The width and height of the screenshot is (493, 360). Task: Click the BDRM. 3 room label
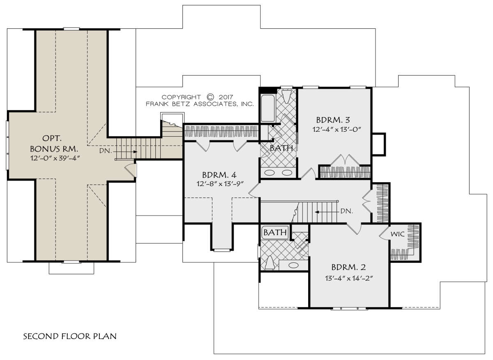pyautogui.click(x=333, y=120)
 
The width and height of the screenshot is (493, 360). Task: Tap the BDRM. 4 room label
pyautogui.click(x=219, y=175)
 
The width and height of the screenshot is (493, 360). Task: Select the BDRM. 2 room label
pyautogui.click(x=348, y=267)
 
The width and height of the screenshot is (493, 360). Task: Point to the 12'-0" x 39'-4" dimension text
pyautogui.click(x=55, y=158)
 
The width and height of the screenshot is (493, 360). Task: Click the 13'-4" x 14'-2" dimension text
pyautogui.click(x=349, y=278)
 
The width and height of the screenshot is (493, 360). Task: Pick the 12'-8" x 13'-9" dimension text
pyautogui.click(x=220, y=184)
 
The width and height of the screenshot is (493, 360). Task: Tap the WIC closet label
pyautogui.click(x=397, y=234)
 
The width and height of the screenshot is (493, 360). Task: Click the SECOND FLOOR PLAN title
pyautogui.click(x=70, y=336)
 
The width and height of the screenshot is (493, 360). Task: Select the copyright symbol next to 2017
pyautogui.click(x=210, y=97)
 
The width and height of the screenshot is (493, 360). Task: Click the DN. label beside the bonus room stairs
pyautogui.click(x=106, y=151)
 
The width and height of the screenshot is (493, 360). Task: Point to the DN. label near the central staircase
pyautogui.click(x=347, y=211)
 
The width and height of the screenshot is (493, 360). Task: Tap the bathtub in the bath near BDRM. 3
pyautogui.click(x=267, y=108)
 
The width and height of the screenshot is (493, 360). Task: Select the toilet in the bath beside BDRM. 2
pyautogui.click(x=270, y=263)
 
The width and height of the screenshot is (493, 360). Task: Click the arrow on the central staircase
pyautogui.click(x=327, y=212)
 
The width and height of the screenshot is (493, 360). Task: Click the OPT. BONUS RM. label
pyautogui.click(x=54, y=144)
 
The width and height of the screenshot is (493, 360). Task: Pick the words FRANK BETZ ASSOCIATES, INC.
pyautogui.click(x=200, y=104)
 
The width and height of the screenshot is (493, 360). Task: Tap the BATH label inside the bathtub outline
pyautogui.click(x=275, y=232)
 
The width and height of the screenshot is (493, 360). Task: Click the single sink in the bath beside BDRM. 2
pyautogui.click(x=293, y=266)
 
